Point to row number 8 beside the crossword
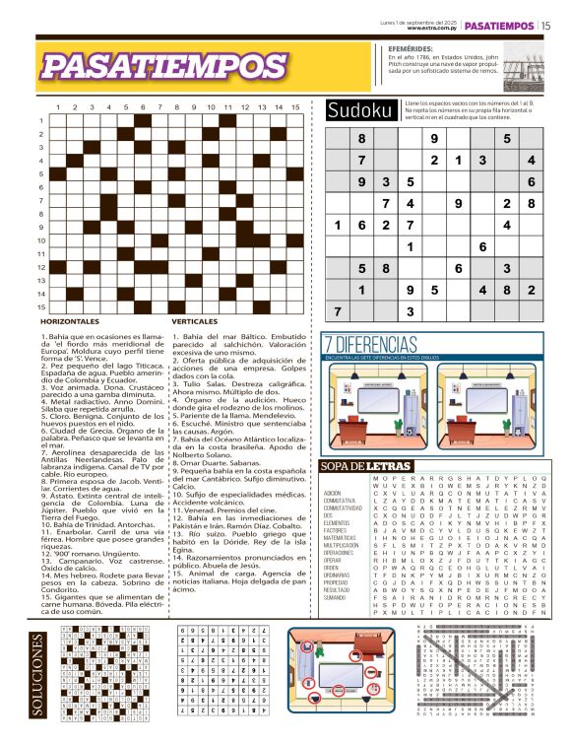(x=41, y=213)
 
